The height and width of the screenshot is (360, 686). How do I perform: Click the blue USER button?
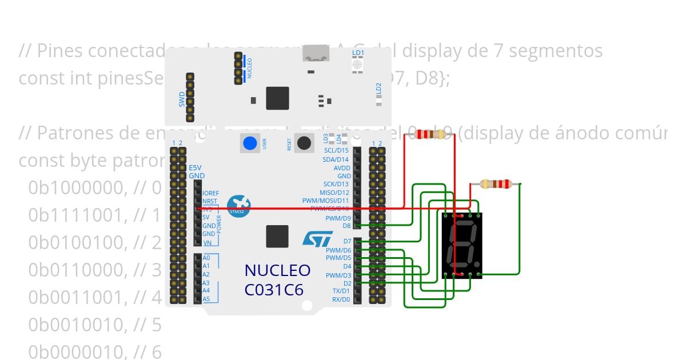pos(249,143)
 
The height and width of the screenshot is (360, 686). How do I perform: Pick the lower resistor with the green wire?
pos(495,183)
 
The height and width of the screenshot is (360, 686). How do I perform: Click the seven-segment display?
pos(462,245)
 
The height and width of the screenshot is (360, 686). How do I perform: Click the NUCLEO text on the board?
pos(277,270)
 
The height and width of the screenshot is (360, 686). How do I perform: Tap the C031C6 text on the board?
pos(274,290)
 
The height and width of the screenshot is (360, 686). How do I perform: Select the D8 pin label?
pos(346,226)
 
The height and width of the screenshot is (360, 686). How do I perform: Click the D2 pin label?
pos(347,283)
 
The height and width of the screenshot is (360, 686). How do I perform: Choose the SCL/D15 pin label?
pos(336,150)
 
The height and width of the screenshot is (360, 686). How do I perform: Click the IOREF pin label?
pos(210,193)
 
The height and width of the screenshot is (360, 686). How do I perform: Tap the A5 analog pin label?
pos(206,299)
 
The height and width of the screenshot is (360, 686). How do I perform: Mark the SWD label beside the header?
pos(182,99)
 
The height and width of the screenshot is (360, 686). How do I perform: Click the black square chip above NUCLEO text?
pos(277,237)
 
